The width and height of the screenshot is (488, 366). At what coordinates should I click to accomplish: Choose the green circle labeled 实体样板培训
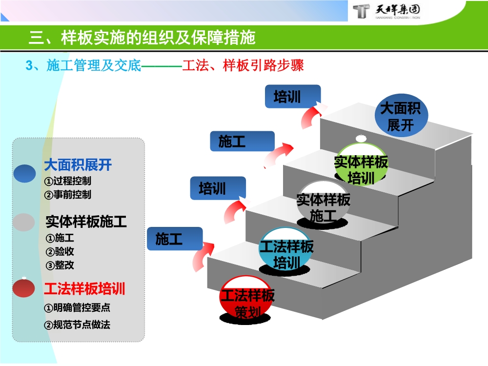(361, 166)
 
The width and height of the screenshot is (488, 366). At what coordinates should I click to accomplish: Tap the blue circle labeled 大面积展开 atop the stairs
(400, 117)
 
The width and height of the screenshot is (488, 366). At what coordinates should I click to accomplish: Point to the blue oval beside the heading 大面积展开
(25, 174)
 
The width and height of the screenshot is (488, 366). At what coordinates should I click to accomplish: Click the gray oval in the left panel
(24, 222)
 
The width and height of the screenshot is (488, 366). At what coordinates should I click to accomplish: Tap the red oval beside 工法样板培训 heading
(24, 288)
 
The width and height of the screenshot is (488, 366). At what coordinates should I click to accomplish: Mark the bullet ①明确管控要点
(77, 308)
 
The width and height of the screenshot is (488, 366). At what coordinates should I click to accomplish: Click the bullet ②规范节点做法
(77, 325)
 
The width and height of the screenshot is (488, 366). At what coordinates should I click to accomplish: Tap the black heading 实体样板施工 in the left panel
(86, 223)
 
